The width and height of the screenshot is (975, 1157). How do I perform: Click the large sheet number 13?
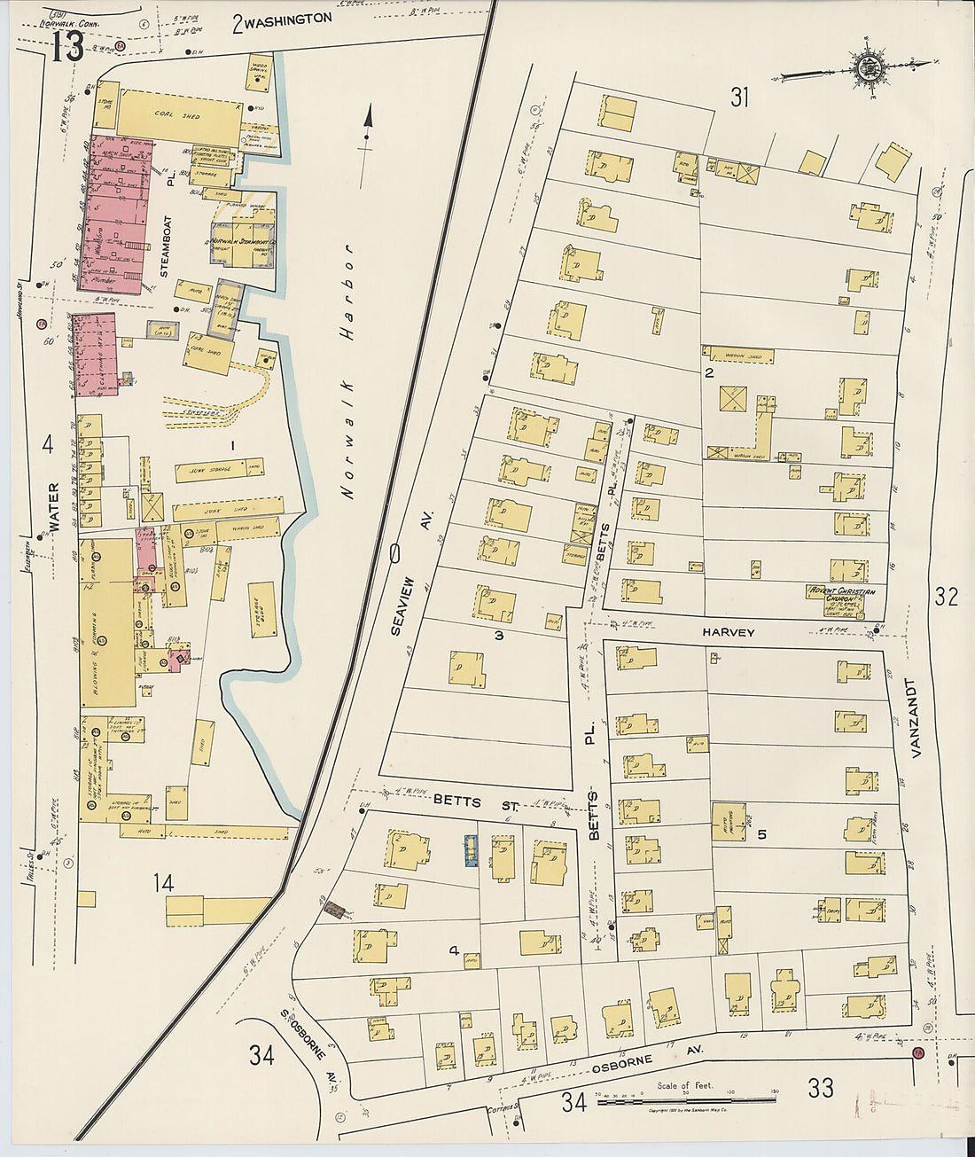[x=66, y=46]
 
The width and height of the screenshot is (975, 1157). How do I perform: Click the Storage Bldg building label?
[x=262, y=609]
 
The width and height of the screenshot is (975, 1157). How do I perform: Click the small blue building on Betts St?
[x=472, y=850]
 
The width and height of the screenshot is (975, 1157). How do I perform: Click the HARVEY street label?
[x=728, y=632]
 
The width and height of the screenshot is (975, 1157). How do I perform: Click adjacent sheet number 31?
[x=739, y=98]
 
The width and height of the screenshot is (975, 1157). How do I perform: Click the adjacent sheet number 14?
[x=163, y=882]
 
